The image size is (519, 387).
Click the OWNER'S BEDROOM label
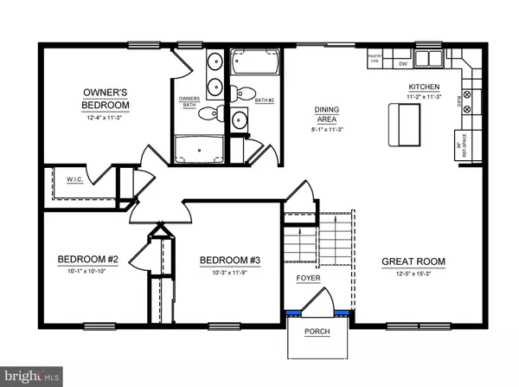(106, 98)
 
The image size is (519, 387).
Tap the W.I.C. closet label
(74, 181)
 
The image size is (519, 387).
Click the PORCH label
(317, 332)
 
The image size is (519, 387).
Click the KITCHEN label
(426, 87)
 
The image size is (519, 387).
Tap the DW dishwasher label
(402, 63)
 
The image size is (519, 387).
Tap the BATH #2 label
(265, 100)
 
